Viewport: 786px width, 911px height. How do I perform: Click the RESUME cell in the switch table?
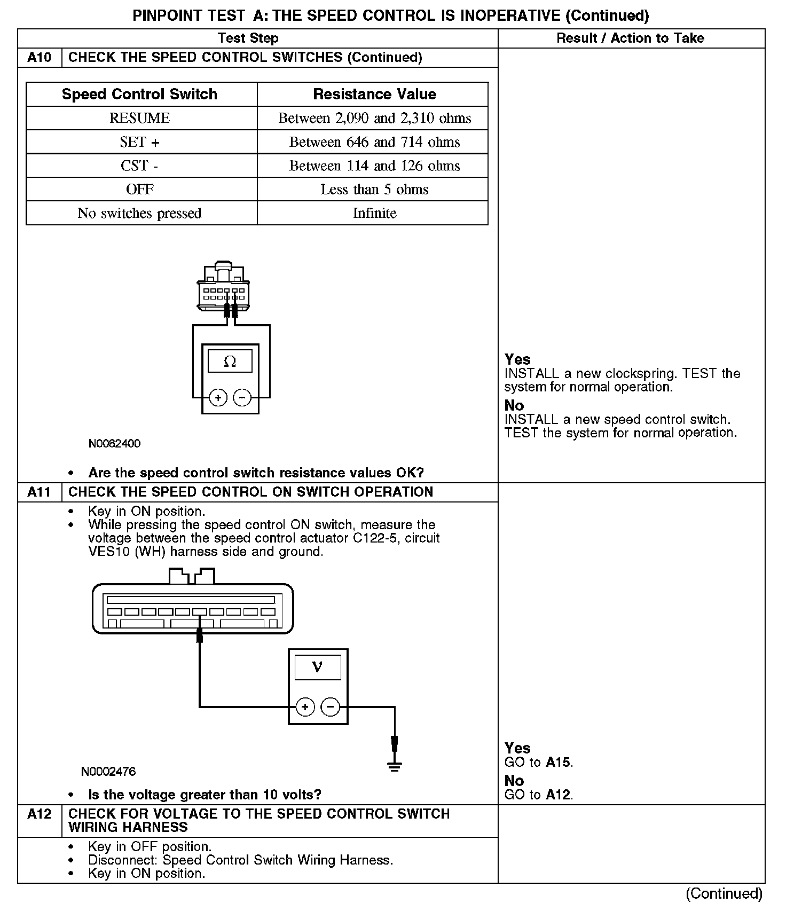[x=139, y=118]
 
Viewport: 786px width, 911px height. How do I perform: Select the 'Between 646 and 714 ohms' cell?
[x=374, y=142]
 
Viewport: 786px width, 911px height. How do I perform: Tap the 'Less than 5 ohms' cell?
[x=374, y=190]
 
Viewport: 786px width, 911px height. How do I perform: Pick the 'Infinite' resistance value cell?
[x=374, y=213]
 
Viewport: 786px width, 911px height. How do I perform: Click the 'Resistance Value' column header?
[x=374, y=95]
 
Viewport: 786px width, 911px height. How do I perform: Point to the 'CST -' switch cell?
[x=139, y=166]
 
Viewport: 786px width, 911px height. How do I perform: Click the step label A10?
[x=39, y=58]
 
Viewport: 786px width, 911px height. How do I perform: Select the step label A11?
[x=39, y=492]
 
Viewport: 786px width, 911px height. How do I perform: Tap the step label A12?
[x=39, y=814]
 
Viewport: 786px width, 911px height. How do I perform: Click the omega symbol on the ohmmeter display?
[x=230, y=362]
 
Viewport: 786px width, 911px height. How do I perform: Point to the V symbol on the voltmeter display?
[x=317, y=667]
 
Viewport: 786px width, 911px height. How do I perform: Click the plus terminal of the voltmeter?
[x=305, y=708]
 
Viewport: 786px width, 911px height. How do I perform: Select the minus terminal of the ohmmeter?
[x=242, y=398]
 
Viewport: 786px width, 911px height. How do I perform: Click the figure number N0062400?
[x=114, y=444]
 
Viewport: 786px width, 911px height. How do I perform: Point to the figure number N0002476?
[x=108, y=772]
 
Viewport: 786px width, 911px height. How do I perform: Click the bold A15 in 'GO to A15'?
[x=559, y=763]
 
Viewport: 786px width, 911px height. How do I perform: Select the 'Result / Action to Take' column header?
[x=630, y=38]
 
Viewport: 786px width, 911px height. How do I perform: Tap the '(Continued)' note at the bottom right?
[x=724, y=894]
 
